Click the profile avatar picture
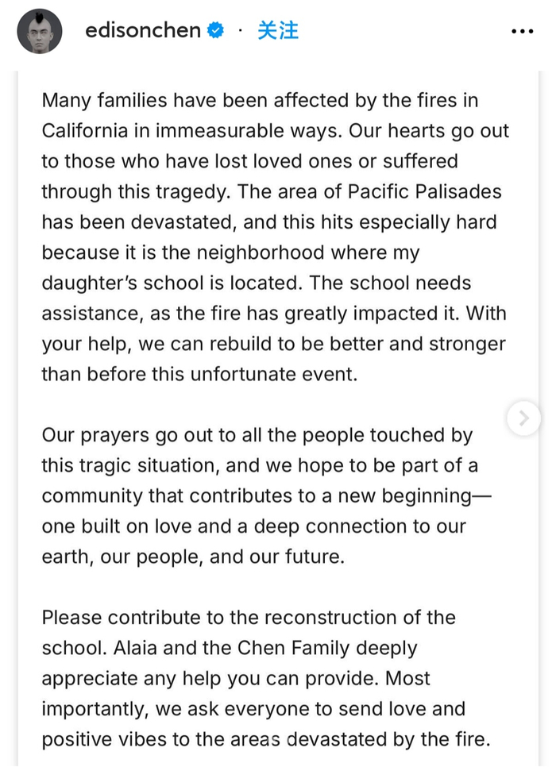coord(39,31)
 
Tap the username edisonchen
coord(143,31)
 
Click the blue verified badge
coord(215,31)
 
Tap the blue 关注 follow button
coord(278,31)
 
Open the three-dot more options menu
coord(522,31)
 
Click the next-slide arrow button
coord(523,418)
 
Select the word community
coord(94,496)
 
